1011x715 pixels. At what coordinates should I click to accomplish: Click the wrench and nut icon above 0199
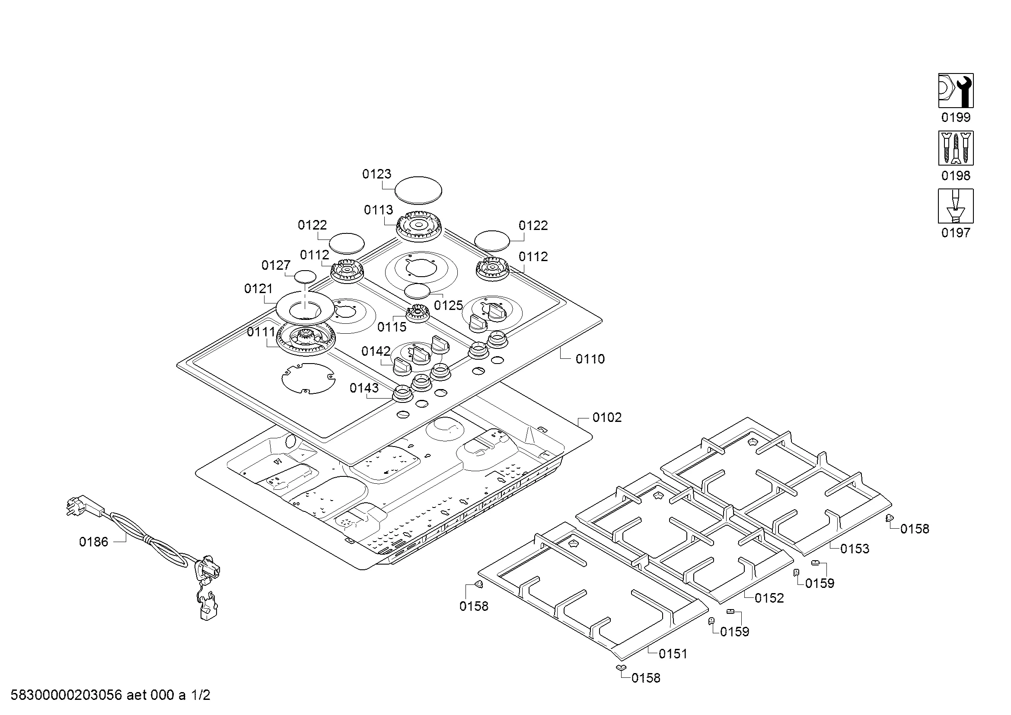pyautogui.click(x=956, y=90)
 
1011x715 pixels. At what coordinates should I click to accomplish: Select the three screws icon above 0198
pyautogui.click(x=956, y=148)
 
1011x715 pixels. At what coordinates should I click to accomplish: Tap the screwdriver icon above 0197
pyautogui.click(x=956, y=206)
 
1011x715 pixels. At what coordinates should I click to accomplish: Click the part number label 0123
pyautogui.click(x=376, y=174)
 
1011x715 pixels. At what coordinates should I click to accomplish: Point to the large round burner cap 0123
pyautogui.click(x=418, y=190)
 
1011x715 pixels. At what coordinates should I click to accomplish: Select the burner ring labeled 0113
pyautogui.click(x=419, y=227)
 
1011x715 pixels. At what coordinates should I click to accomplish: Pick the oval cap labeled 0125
pyautogui.click(x=417, y=291)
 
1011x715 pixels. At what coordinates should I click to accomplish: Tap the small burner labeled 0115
pyautogui.click(x=417, y=313)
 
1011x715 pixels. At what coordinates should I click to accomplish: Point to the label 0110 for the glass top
pyautogui.click(x=590, y=359)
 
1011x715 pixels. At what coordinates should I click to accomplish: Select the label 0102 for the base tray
pyautogui.click(x=607, y=418)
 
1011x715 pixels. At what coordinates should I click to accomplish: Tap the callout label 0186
pyautogui.click(x=93, y=542)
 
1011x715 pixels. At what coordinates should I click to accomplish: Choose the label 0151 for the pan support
pyautogui.click(x=673, y=654)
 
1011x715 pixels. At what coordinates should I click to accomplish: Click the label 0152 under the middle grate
pyautogui.click(x=769, y=598)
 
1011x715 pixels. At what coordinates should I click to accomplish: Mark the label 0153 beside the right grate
pyautogui.click(x=855, y=549)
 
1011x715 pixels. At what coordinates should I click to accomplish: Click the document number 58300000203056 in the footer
pyautogui.click(x=66, y=695)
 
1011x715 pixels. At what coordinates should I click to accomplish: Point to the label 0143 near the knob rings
pyautogui.click(x=364, y=388)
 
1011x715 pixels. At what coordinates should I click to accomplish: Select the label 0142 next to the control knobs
pyautogui.click(x=376, y=351)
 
